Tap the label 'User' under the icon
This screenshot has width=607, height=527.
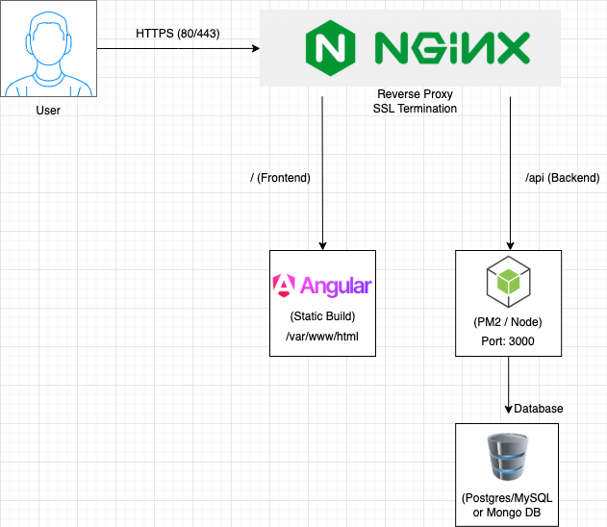[x=48, y=111]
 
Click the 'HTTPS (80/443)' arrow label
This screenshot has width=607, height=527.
[x=178, y=34]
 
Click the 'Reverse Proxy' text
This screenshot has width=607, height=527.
[x=415, y=94]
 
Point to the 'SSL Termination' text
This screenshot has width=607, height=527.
[x=415, y=109]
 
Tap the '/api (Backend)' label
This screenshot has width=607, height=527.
[x=563, y=178]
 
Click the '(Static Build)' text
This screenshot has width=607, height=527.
[x=322, y=316]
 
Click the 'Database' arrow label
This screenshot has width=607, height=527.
[x=538, y=409]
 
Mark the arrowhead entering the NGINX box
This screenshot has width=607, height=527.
[x=256, y=48]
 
